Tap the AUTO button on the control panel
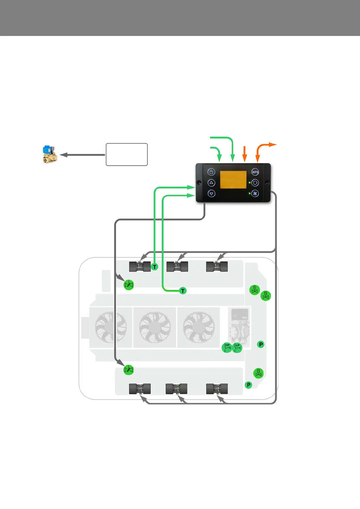[255, 172]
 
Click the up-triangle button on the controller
[211, 183]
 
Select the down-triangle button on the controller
[211, 193]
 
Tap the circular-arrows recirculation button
[255, 183]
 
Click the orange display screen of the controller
[233, 180]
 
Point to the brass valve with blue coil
[49, 154]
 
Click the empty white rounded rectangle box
[126, 154]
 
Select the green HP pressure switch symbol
[227, 348]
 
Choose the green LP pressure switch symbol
[237, 348]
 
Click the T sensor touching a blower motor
[155, 267]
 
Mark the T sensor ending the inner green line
[183, 291]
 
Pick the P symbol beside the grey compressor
[260, 344]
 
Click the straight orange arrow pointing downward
[245, 154]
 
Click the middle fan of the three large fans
[155, 327]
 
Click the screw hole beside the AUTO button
[267, 183]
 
